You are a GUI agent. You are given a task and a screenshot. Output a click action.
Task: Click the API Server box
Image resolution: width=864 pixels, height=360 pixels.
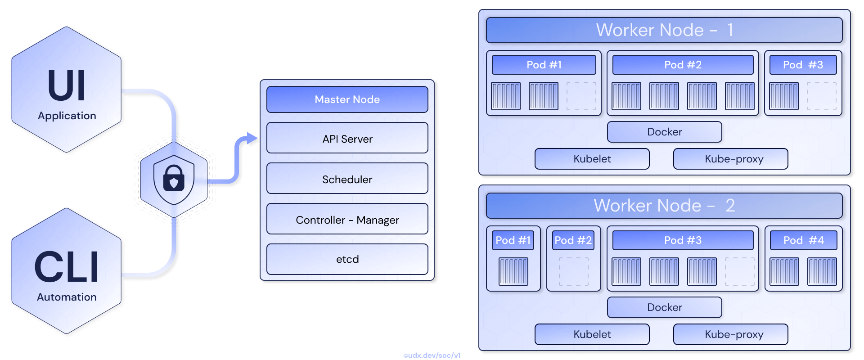click(x=347, y=138)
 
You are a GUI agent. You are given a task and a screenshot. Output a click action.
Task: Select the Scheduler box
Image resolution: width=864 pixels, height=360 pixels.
click(x=347, y=179)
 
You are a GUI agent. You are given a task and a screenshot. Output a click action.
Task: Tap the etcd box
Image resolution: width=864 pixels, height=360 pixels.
click(x=347, y=259)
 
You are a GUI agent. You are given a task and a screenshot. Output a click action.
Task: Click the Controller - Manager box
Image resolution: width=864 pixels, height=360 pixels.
click(x=347, y=219)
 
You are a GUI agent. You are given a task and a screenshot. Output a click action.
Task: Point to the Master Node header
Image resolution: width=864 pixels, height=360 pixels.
click(x=347, y=99)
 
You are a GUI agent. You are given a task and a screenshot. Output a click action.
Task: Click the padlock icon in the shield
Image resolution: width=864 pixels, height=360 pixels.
click(x=174, y=179)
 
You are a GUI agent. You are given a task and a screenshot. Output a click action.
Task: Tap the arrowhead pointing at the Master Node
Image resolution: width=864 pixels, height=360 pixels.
click(x=252, y=138)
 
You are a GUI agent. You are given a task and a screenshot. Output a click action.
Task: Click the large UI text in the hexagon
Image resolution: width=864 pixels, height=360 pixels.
click(x=67, y=85)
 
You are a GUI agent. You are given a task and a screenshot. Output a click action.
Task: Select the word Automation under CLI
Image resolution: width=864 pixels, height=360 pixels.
click(x=67, y=297)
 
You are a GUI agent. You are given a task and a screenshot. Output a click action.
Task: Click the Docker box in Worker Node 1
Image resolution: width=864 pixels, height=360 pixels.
click(x=664, y=132)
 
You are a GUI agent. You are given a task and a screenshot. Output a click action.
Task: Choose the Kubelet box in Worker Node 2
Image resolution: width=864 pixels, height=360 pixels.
click(x=592, y=334)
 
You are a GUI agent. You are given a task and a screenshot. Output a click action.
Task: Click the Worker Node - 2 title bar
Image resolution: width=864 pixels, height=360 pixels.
click(x=664, y=206)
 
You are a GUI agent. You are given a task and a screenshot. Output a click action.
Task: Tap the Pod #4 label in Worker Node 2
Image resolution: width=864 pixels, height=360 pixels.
click(x=803, y=240)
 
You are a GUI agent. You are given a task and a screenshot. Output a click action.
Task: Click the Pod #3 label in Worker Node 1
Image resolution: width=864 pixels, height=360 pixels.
click(x=803, y=65)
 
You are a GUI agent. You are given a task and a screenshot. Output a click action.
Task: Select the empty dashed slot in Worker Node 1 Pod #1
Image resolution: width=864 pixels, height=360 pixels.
click(x=581, y=96)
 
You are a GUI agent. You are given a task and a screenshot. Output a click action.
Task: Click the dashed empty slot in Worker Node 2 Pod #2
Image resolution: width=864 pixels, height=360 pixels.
click(x=573, y=271)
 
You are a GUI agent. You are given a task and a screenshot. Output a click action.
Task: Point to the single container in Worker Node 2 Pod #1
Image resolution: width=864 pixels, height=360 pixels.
click(x=513, y=271)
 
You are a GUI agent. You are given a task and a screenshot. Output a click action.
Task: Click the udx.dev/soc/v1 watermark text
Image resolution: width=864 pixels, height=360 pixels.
click(x=432, y=355)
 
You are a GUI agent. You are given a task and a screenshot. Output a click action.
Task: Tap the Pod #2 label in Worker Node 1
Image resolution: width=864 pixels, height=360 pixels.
click(x=683, y=65)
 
